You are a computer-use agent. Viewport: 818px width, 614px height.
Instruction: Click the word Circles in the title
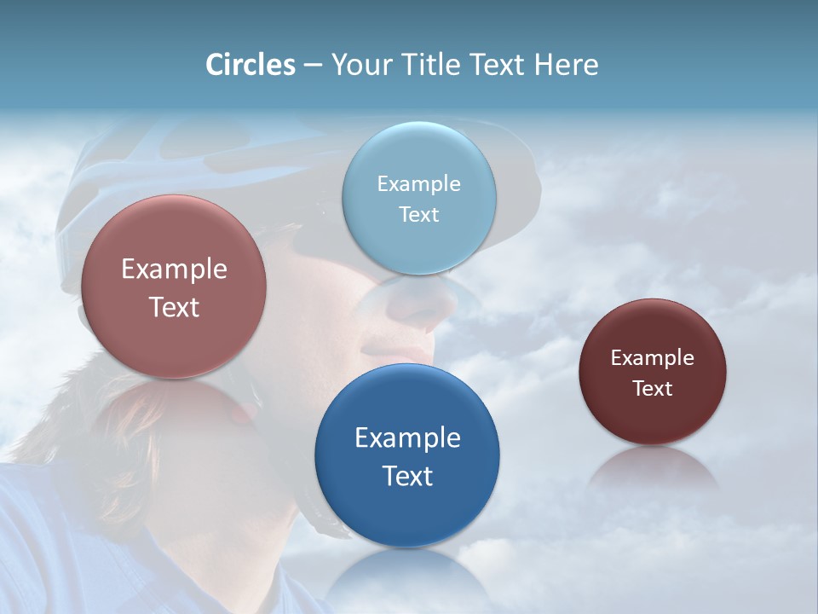[250, 65]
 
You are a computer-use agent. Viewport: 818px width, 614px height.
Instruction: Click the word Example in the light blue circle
[419, 184]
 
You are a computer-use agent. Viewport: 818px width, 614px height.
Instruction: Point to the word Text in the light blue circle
[419, 214]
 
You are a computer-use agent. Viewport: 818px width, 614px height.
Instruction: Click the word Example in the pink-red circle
[174, 269]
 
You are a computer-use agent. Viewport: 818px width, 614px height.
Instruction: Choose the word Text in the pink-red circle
[174, 307]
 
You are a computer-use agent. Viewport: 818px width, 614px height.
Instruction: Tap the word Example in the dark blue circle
[407, 438]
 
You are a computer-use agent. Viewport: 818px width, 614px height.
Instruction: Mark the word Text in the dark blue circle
[407, 476]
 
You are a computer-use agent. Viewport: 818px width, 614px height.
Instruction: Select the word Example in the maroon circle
[653, 358]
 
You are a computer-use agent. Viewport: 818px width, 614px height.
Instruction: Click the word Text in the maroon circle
[653, 389]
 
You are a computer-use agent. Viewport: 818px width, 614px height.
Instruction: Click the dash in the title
[313, 66]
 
